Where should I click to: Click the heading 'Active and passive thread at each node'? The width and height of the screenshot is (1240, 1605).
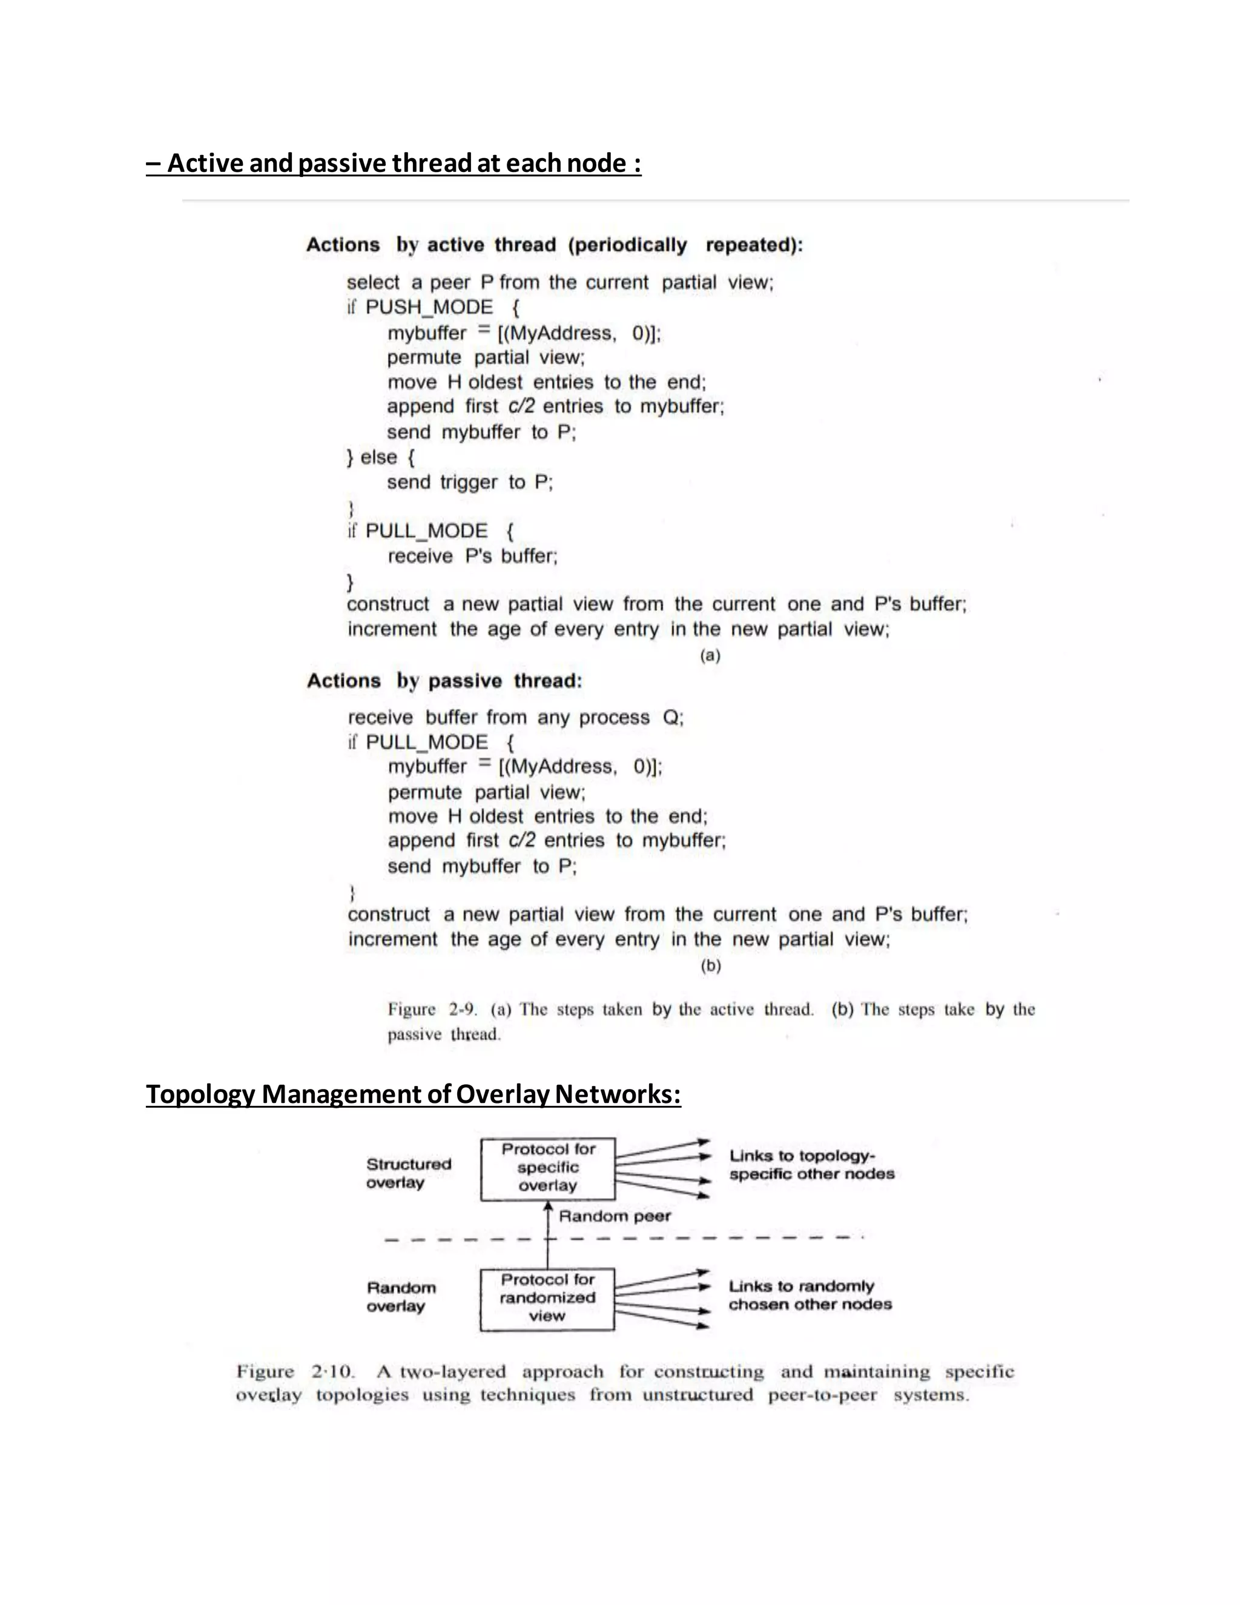394,163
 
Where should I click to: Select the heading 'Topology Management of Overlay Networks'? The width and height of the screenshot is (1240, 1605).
413,1094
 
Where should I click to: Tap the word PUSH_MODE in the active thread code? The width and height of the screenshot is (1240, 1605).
429,307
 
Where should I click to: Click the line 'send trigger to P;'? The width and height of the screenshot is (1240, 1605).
469,482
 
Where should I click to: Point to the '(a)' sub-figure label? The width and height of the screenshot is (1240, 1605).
710,655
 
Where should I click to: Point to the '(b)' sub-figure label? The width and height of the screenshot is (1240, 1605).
710,965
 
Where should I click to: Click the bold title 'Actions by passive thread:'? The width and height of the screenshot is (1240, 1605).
444,681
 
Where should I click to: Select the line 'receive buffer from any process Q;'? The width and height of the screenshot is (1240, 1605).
516,717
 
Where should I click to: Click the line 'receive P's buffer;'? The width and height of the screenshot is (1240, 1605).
472,557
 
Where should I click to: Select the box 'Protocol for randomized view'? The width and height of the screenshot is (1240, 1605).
547,1298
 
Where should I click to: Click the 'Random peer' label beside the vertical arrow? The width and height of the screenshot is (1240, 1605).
614,1216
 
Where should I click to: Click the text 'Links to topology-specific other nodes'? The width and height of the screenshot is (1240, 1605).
811,1165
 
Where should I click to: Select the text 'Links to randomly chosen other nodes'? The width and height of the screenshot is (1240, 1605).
810,1295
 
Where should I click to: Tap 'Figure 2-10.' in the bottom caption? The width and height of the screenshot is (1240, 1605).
295,1371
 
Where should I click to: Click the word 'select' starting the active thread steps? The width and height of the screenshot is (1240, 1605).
372,283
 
